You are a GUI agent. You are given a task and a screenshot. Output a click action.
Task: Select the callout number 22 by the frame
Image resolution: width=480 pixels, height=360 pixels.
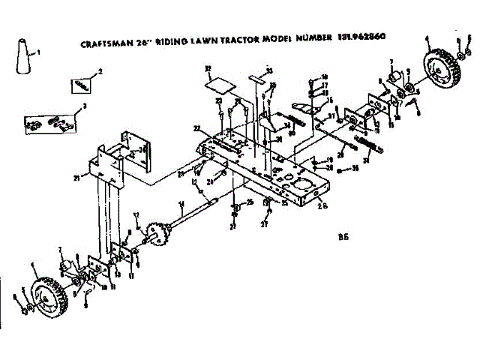pyautogui.click(x=196, y=127)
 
